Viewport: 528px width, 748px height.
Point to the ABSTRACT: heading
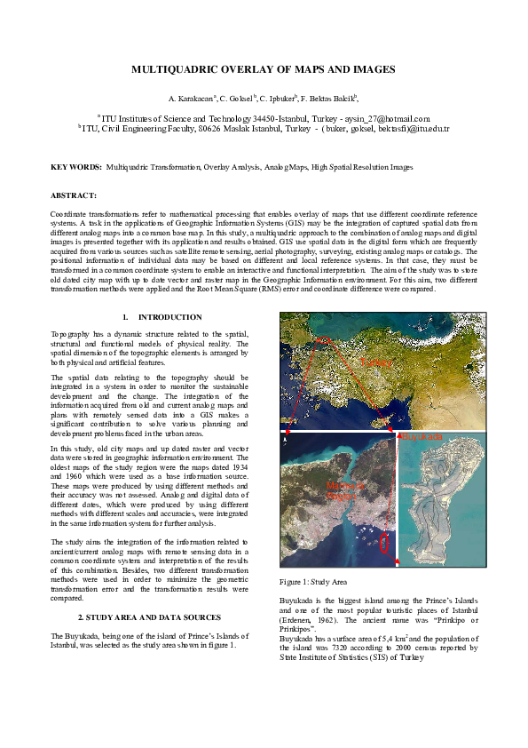click(x=74, y=195)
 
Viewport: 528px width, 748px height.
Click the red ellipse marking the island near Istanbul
click(x=384, y=541)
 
